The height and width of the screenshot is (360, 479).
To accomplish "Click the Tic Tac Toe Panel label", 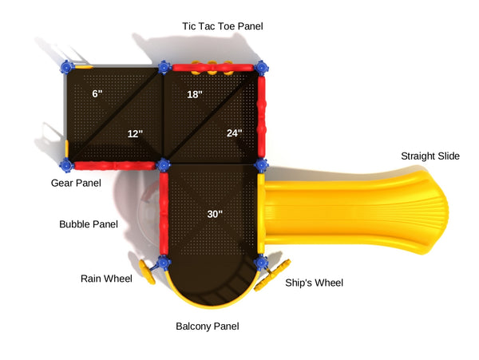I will point(222,26).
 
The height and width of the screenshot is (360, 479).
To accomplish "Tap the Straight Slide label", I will point(430,156).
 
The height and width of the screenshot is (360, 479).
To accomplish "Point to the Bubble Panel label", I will point(89,224).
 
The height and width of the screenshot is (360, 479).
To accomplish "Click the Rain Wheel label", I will point(105,279).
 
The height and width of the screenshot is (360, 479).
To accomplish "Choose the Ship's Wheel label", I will point(315,283).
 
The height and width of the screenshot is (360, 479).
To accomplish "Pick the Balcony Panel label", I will point(208,326).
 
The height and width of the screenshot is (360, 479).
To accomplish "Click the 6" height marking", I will point(97,94).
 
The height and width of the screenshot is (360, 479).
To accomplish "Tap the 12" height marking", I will point(135,133).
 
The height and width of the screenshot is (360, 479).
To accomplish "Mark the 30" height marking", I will point(215,214).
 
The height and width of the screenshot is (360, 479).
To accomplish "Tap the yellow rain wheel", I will point(147,270).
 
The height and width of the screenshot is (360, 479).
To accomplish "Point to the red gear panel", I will point(114,165).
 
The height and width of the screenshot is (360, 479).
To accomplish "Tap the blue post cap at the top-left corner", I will point(65,68).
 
